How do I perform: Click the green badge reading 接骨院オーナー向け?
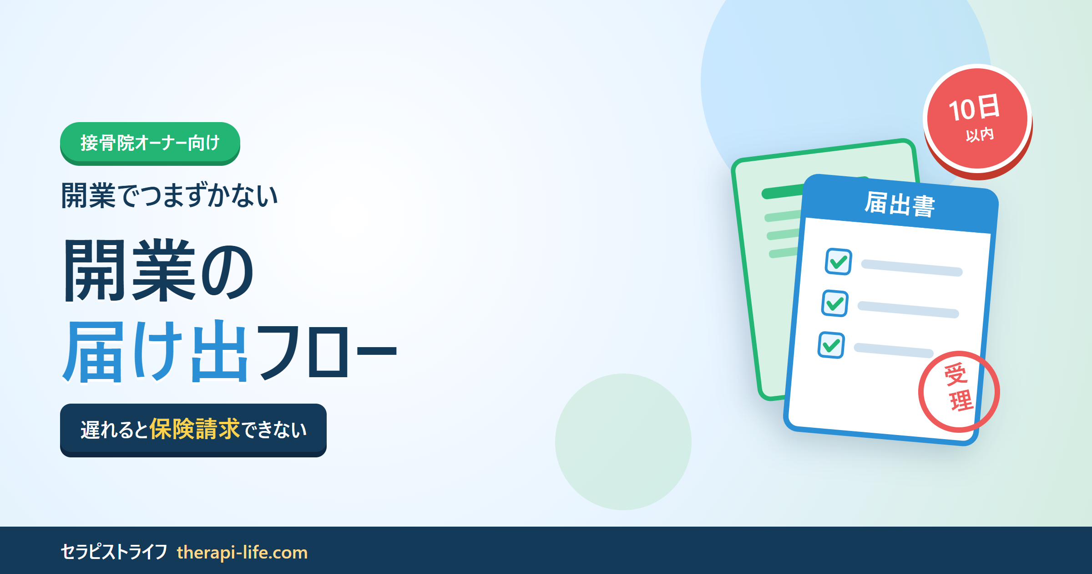coord(150,143)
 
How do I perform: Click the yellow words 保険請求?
coord(194,429)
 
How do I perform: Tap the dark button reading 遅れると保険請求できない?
coord(193,430)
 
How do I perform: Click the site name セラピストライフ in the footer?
coord(114,552)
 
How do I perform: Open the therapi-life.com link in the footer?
coord(242,553)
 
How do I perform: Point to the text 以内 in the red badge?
coord(980,135)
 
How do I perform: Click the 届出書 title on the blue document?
coord(900,204)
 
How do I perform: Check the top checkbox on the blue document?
coord(839,261)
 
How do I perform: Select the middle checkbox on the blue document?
coord(835,303)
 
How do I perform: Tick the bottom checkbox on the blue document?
coord(831,345)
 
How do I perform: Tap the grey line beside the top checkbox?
coord(912,268)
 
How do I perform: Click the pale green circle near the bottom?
coord(623,442)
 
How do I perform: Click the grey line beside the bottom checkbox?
coord(894,350)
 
